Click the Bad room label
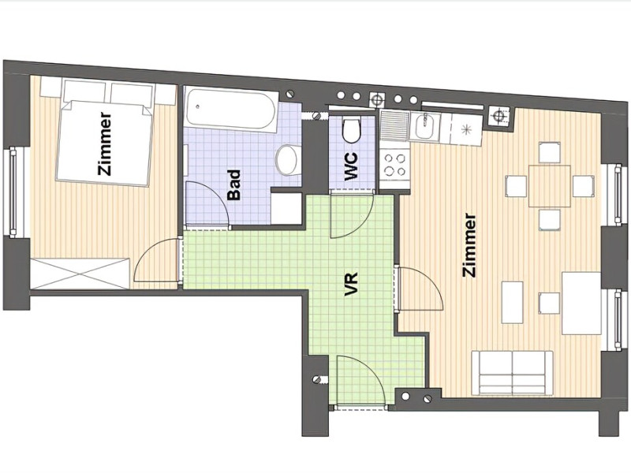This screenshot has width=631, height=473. pos(234,185)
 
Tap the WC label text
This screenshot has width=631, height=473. pos(351,166)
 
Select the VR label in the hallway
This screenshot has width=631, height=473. pos(351,285)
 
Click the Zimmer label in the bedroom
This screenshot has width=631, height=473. pos(105,143)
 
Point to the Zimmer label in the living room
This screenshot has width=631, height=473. pos(469,245)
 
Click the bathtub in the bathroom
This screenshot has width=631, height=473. pos(232,110)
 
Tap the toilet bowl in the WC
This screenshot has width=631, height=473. pos(351,129)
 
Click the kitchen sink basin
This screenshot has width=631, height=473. pos(424,127)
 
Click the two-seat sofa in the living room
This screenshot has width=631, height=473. pos(512,372)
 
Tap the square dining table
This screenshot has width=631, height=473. pos(549,186)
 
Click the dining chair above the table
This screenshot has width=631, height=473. pos(549,152)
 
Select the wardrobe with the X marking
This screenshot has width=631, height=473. pos(80,274)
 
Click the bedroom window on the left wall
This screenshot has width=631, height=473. pos(13,192)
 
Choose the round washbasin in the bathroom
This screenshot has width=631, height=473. pos(287,160)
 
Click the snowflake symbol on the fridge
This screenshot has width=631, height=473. pos(467,129)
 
